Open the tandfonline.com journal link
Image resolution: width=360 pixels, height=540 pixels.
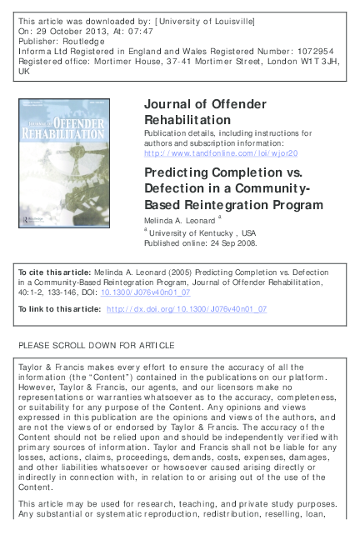(221, 153)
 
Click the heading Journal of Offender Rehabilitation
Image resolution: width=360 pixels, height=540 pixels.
(205, 112)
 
